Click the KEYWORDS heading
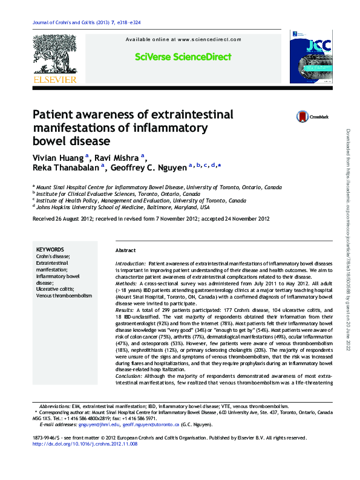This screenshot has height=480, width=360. (50, 249)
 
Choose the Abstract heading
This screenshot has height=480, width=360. (125, 250)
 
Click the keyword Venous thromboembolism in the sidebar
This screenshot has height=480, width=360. (64, 296)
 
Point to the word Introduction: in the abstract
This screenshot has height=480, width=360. (130, 264)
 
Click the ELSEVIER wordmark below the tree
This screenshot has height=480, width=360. (54, 79)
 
